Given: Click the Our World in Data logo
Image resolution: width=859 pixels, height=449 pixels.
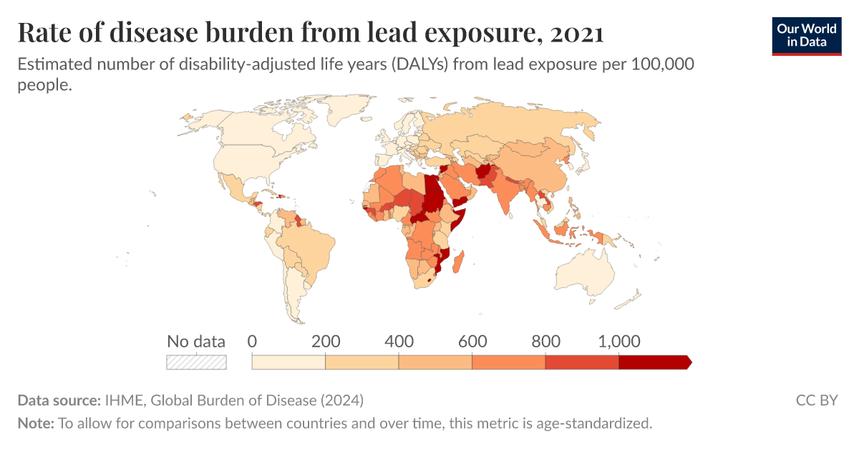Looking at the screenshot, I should pos(807,34).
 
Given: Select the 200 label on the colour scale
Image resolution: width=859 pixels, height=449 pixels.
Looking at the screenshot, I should pos(326,341).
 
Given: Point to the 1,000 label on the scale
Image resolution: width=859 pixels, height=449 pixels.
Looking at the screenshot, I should pos(618,341).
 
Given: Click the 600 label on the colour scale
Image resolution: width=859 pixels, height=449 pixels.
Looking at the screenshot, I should pos(472,341).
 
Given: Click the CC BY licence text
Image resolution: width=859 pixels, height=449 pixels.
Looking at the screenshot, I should pos(816,400).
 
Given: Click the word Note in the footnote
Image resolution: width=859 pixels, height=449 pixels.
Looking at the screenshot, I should pos(34,423).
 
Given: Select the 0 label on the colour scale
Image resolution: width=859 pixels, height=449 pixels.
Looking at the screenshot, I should pos(252,341).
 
